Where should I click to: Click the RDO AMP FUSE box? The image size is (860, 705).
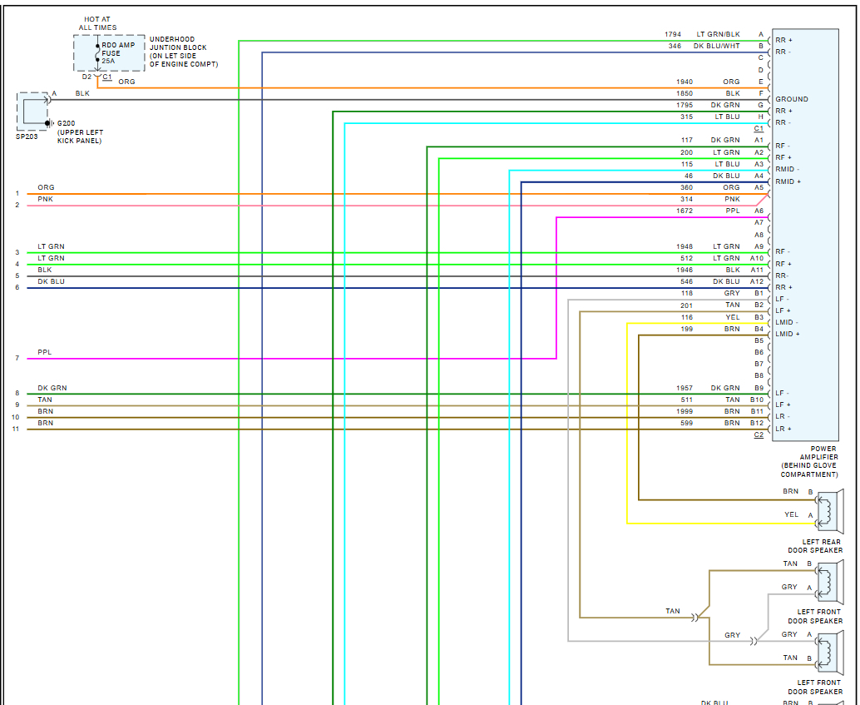pos(98,52)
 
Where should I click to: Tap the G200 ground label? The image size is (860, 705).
pos(67,123)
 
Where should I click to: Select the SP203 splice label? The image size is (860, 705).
pos(27,136)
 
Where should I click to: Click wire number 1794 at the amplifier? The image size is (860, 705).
pos(673,34)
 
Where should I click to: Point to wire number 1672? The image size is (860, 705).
pos(685,211)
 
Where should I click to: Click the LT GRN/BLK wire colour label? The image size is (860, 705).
pos(718,34)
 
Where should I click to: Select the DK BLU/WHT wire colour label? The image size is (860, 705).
pos(716,46)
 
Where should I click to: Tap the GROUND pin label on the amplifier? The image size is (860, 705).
pos(791,99)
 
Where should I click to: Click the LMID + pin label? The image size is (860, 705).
pos(787,334)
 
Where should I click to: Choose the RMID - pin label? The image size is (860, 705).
pos(787,169)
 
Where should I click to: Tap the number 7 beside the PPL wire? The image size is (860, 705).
pos(17,359)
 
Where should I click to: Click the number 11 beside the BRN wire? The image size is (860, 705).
pos(15,429)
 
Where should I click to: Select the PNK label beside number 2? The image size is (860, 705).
pos(45,200)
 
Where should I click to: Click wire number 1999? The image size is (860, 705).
pos(685,411)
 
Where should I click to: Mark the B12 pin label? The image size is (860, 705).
pos(758,423)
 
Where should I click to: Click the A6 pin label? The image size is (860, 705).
pos(759,211)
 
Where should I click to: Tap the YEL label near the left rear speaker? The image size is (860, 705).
pos(791,514)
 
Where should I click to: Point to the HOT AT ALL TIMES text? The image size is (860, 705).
pos(98,22)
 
